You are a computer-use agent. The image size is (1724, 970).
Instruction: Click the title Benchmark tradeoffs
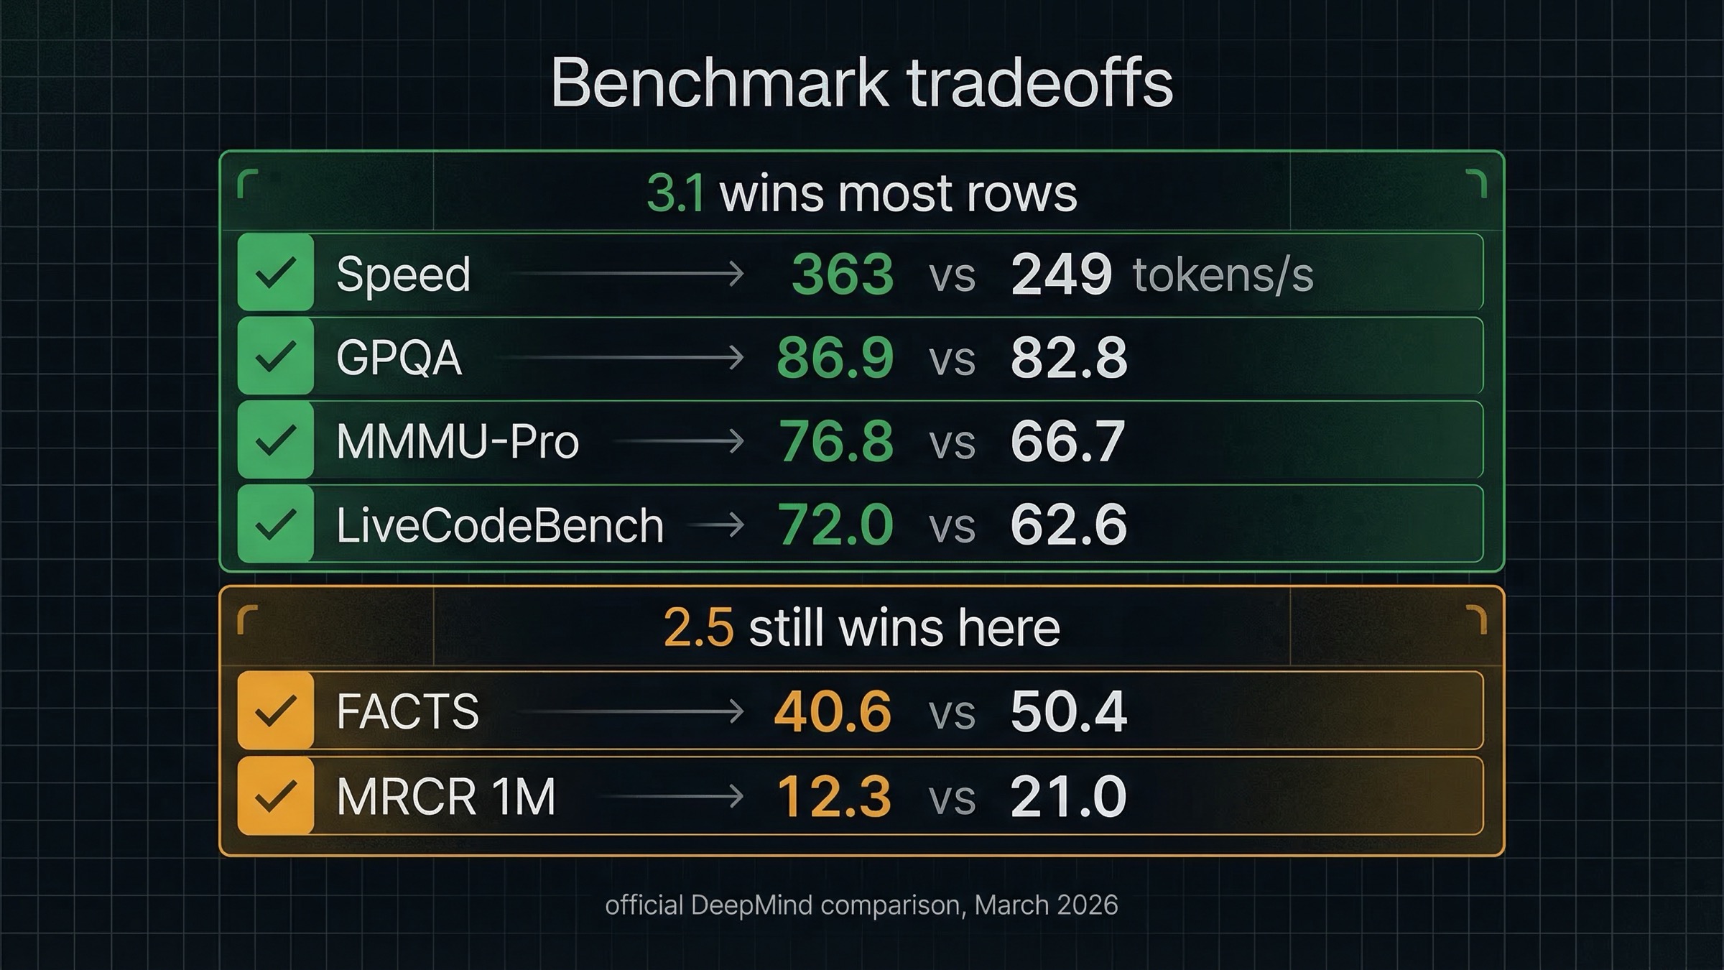[861, 83]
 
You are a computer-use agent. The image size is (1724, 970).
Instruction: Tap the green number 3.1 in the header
[675, 193]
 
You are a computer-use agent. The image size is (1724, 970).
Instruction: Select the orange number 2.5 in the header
[698, 627]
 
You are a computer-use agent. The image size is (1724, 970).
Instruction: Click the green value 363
[842, 274]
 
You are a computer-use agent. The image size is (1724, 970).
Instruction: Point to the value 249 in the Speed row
[1061, 274]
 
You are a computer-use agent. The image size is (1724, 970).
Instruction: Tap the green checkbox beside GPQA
[276, 357]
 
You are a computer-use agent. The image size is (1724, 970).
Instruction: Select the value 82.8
[1068, 358]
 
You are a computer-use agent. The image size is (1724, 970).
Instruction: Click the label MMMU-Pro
[457, 441]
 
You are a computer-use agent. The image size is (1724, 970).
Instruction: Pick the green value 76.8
[836, 441]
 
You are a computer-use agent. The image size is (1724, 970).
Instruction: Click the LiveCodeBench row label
[499, 525]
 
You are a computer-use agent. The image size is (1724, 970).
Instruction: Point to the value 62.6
[1068, 525]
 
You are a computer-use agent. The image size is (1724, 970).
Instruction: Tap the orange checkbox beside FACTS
[276, 711]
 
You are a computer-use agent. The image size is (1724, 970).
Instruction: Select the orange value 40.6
[833, 711]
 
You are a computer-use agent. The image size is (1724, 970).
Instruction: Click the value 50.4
[1068, 711]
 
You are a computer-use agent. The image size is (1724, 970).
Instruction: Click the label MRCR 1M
[445, 796]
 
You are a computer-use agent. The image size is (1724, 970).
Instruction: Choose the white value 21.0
[1068, 796]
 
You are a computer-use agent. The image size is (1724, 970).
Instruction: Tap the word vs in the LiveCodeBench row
[952, 527]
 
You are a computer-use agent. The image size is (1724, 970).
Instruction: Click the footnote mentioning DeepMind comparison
[861, 905]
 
